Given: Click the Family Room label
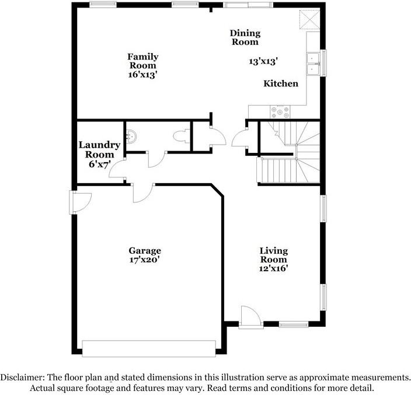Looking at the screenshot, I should [143, 61].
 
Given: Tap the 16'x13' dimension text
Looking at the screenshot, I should [143, 75].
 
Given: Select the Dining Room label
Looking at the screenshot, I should [245, 37].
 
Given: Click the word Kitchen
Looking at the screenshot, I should [281, 83].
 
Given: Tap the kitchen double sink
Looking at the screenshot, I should [314, 64].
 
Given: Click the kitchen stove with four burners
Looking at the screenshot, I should [279, 111].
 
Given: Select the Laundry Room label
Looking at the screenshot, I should [99, 149].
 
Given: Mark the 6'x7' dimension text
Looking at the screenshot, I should [99, 164].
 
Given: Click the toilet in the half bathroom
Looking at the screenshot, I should [181, 137].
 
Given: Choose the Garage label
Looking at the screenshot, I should [145, 251].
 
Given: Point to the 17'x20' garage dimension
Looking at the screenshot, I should [145, 260].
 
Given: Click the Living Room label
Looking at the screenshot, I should [273, 255].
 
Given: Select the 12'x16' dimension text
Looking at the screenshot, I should [273, 268].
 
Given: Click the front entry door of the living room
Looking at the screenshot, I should [250, 319].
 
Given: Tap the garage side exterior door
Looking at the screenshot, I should [79, 203].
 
